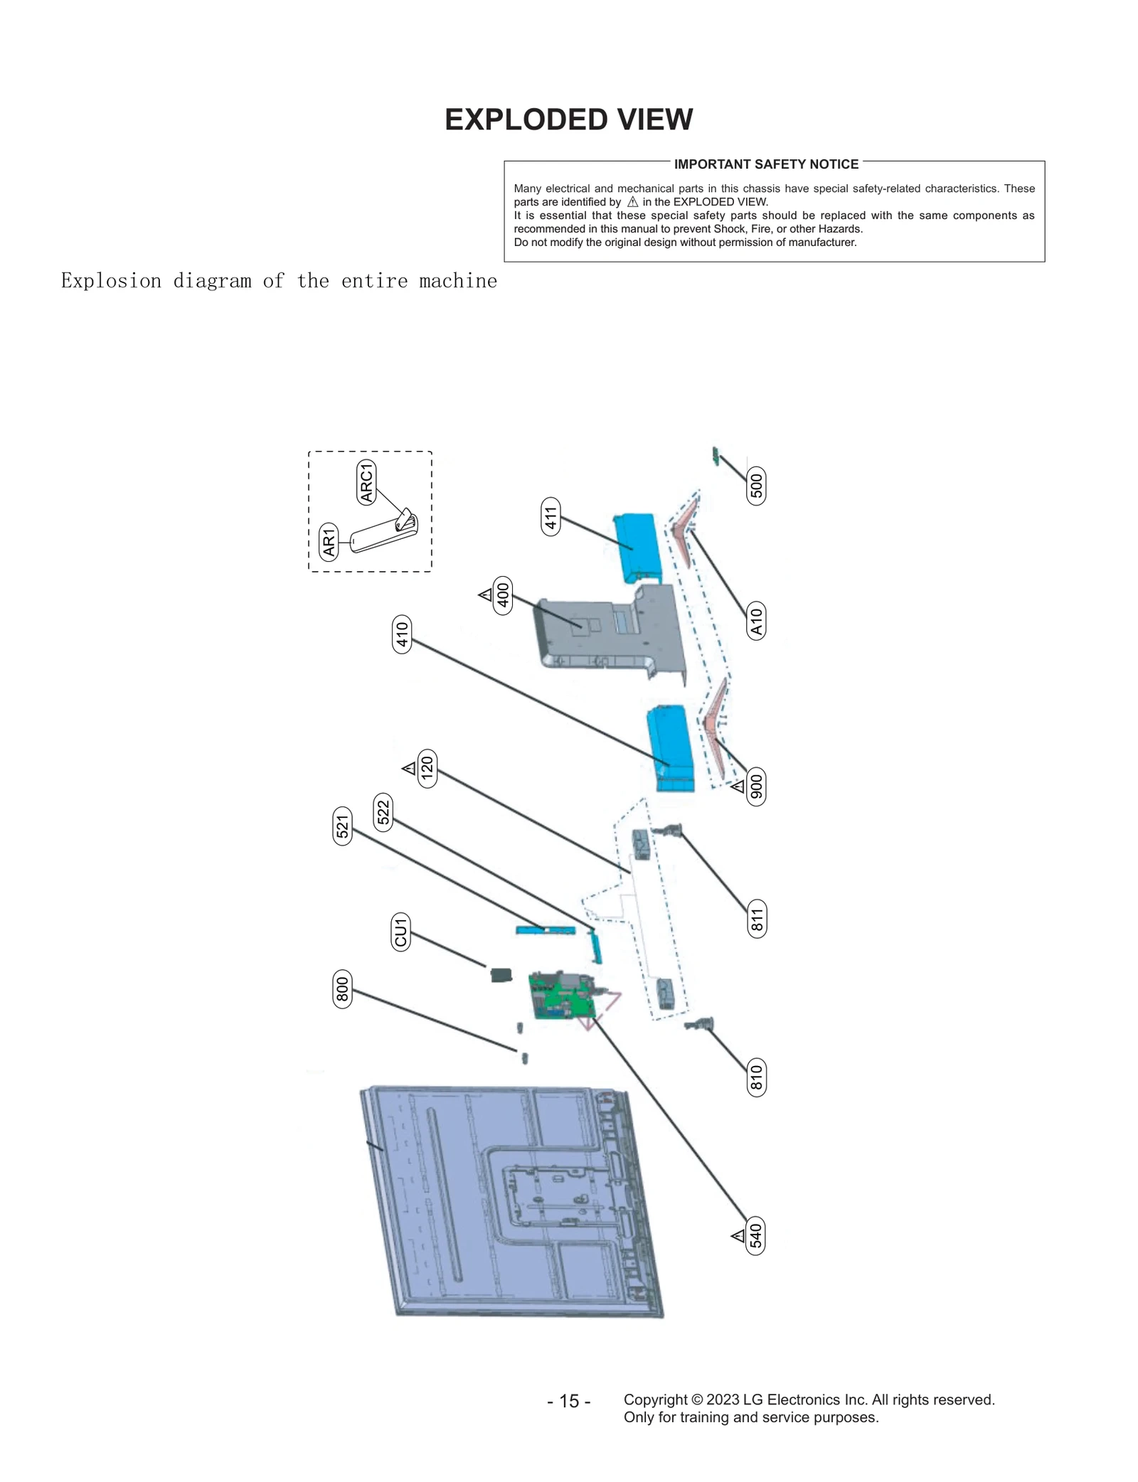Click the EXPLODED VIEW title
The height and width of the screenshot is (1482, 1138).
coord(568,119)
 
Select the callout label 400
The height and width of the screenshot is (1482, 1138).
coord(503,595)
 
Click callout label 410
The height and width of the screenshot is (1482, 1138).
coord(402,634)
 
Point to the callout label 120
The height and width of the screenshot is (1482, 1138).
coord(427,768)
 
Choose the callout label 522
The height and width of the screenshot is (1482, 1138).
coord(383,812)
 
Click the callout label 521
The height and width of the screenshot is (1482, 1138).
coord(343,826)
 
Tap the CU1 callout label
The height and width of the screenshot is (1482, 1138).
coord(400,932)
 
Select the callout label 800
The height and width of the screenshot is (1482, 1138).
coord(343,988)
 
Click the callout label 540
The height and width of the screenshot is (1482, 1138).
coord(756,1235)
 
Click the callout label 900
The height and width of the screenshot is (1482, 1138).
coord(756,787)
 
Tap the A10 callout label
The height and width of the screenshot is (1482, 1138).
coord(756,621)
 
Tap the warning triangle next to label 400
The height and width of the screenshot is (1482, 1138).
coord(486,594)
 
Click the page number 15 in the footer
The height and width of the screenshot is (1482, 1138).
coord(568,1401)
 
